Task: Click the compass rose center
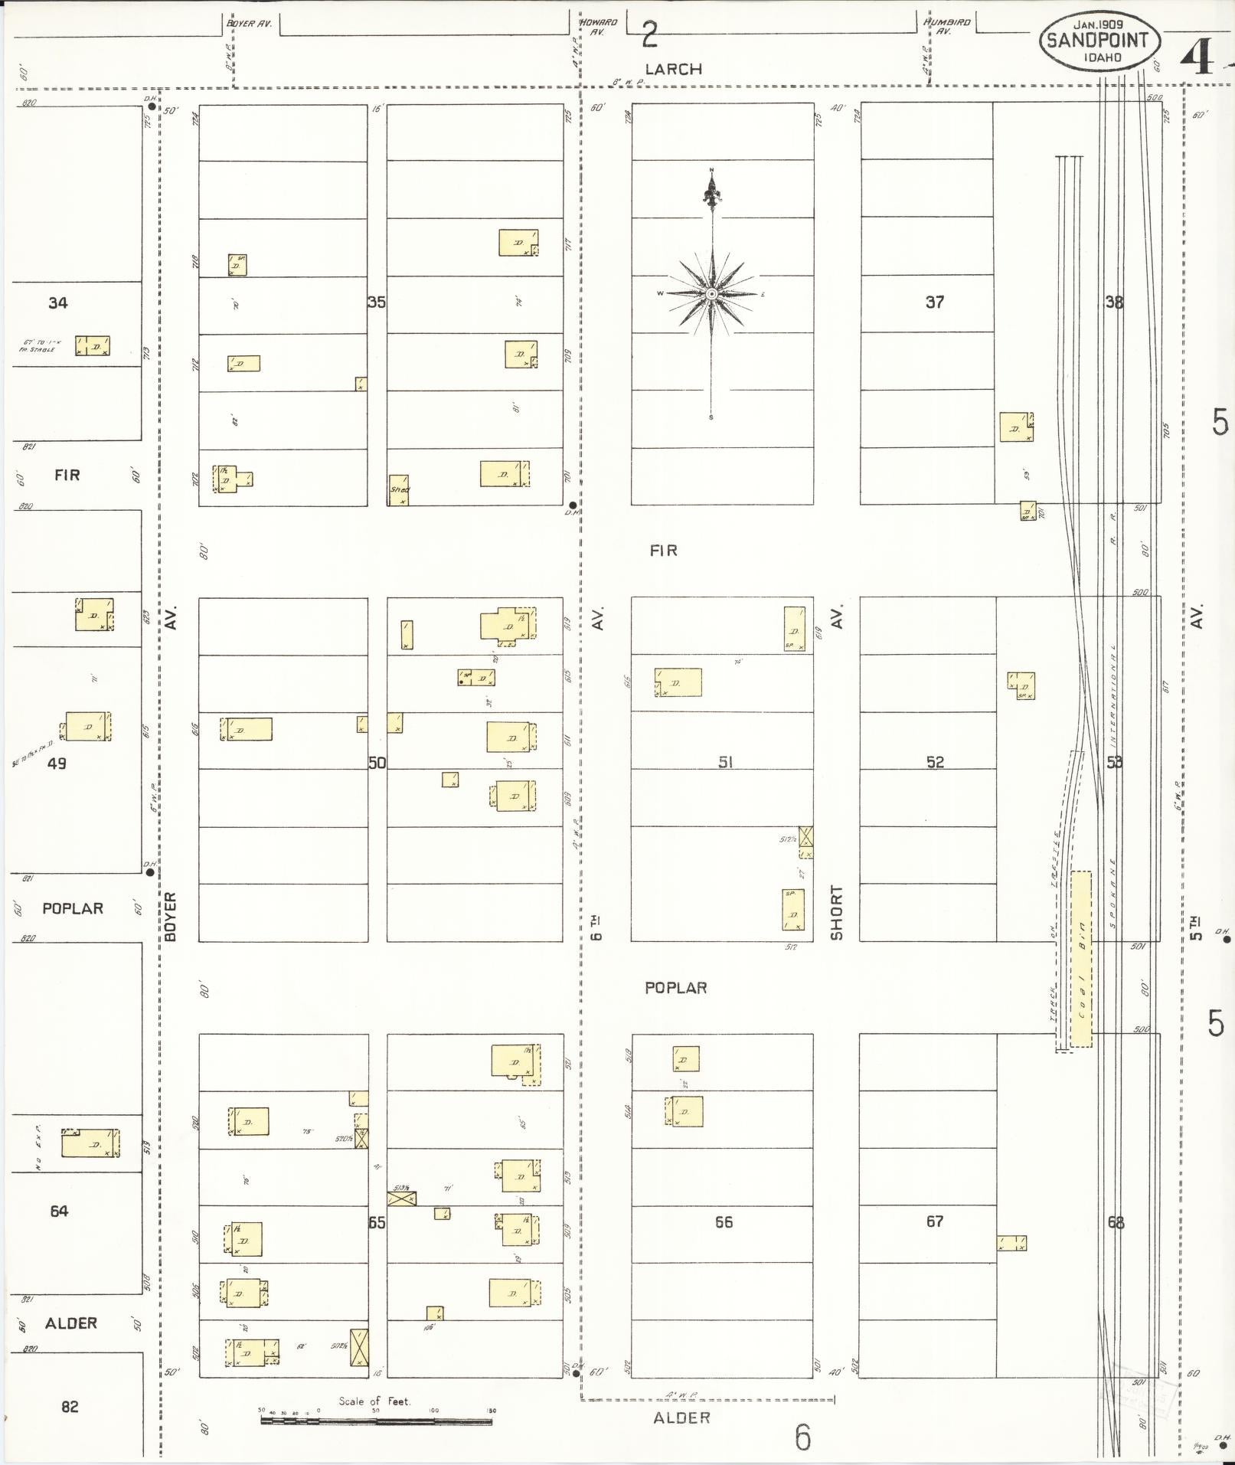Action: click(712, 294)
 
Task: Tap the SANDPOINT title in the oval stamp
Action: click(1098, 41)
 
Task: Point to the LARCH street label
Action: click(673, 69)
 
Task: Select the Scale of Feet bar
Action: click(376, 1421)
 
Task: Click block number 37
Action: click(934, 302)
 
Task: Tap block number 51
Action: click(724, 762)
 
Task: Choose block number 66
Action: click(724, 1221)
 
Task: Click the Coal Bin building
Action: click(1081, 958)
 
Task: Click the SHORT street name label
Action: click(836, 913)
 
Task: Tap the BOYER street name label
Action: click(170, 916)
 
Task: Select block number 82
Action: click(70, 1406)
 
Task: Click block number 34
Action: click(58, 302)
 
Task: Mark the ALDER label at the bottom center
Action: click(681, 1418)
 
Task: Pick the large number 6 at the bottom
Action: click(802, 1437)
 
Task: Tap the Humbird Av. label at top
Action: click(946, 27)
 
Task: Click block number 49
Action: click(57, 763)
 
